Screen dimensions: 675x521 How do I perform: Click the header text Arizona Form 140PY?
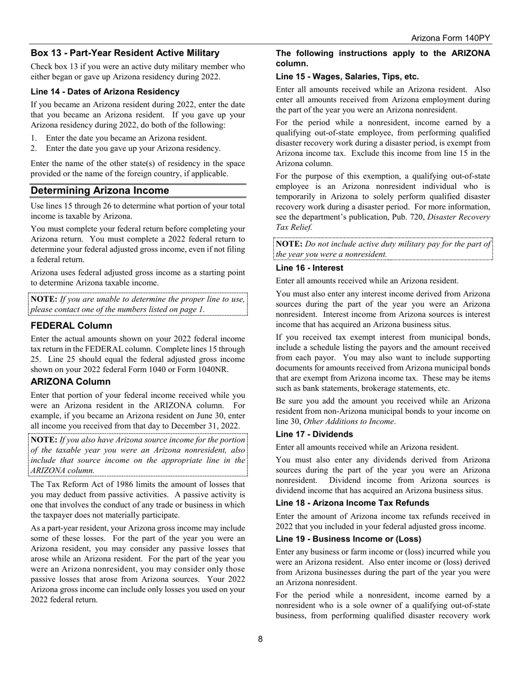pyautogui.click(x=450, y=38)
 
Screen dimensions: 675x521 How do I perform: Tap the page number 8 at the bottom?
pyautogui.click(x=260, y=639)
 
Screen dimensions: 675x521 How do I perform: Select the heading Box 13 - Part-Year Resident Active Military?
pyautogui.click(x=125, y=53)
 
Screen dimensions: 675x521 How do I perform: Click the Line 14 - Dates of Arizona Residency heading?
pyautogui.click(x=105, y=92)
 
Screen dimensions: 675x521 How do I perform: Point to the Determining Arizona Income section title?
pyautogui.click(x=100, y=190)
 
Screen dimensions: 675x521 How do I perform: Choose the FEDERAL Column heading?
pyautogui.click(x=71, y=325)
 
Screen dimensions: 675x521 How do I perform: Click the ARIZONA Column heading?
pyautogui.click(x=71, y=381)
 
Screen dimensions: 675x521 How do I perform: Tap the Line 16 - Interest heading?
pyautogui.click(x=309, y=268)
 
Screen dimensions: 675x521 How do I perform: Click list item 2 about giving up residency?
pyautogui.click(x=133, y=148)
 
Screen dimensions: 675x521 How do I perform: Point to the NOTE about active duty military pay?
pyautogui.click(x=383, y=249)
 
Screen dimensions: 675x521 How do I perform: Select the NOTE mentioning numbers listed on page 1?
pyautogui.click(x=138, y=304)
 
